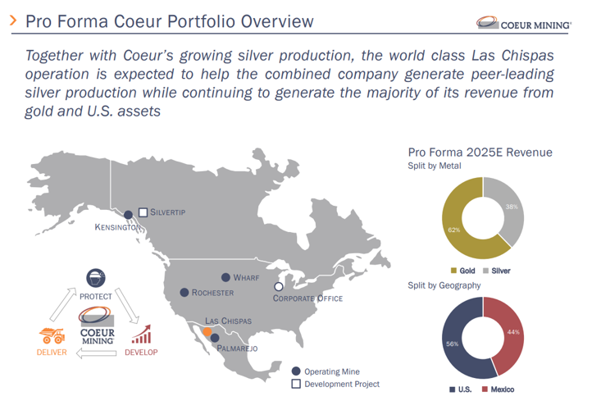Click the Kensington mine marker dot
point(128,214)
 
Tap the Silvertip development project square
point(143,212)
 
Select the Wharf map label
point(246,278)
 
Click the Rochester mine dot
point(184,293)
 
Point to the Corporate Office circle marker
point(279,286)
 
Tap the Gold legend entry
point(462,271)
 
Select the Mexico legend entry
point(499,388)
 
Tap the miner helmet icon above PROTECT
point(96,279)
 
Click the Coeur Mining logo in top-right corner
point(524,25)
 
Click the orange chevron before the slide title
point(12,20)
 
